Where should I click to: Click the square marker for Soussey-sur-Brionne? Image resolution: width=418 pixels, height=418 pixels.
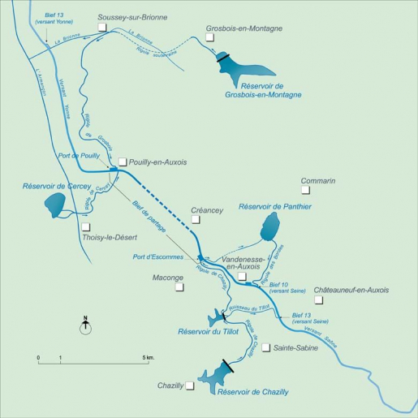pyautogui.click(x=101, y=27)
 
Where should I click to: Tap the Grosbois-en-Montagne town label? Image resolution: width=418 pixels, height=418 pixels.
pyautogui.click(x=244, y=28)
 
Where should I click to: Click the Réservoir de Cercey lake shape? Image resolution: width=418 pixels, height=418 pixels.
pyautogui.click(x=55, y=205)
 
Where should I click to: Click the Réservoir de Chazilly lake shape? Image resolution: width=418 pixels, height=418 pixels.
pyautogui.click(x=217, y=375)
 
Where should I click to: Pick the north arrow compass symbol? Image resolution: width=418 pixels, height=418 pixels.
pyautogui.click(x=85, y=326)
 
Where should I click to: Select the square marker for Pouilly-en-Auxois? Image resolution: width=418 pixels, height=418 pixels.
pyautogui.click(x=123, y=162)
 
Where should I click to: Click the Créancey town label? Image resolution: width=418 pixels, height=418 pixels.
pyautogui.click(x=206, y=210)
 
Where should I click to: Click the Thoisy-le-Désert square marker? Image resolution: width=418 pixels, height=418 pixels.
pyautogui.click(x=86, y=227)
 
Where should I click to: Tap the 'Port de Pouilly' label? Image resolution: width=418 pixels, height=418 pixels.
pyautogui.click(x=79, y=154)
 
